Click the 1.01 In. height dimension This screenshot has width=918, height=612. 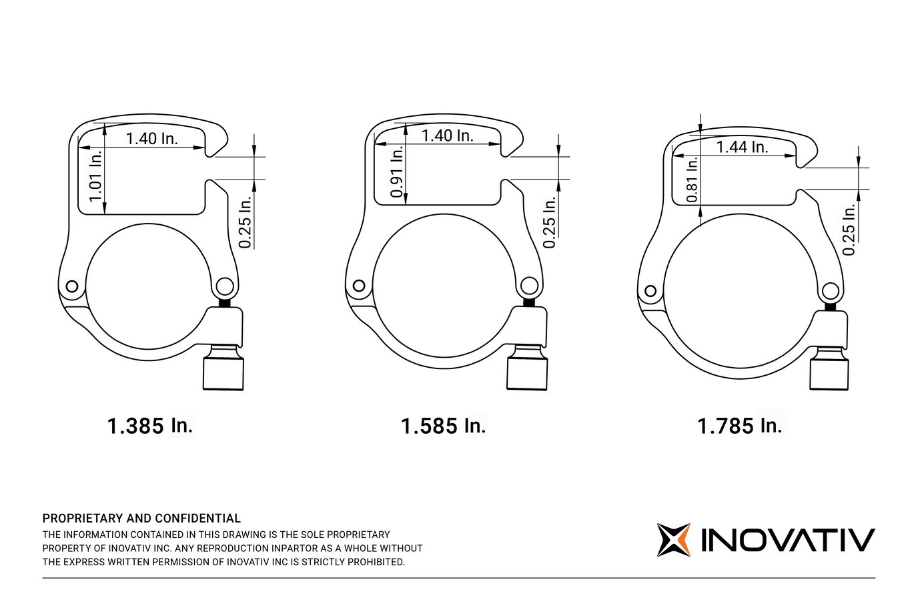pos(96,176)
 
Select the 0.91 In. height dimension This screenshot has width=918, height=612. pos(397,172)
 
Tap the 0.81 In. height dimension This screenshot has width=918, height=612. pos(692,179)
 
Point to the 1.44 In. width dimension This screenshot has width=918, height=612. pos(742,147)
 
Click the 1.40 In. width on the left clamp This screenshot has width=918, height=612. pos(152,139)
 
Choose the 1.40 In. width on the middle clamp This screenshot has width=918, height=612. pos(447,136)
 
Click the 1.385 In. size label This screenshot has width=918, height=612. pos(150,426)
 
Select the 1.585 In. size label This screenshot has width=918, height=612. pos(443,426)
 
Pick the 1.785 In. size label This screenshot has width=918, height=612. pos(739,426)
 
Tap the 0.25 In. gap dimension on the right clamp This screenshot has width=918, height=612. pos(849,230)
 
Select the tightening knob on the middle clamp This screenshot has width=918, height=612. pos(527,372)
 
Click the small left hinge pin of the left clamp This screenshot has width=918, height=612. pos(71,287)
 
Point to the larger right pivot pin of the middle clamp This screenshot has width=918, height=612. pos(530,286)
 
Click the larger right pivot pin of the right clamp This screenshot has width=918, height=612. pos(831,292)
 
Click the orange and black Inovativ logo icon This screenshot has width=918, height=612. pos(673,540)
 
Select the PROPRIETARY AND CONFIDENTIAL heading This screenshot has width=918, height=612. pos(141,519)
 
